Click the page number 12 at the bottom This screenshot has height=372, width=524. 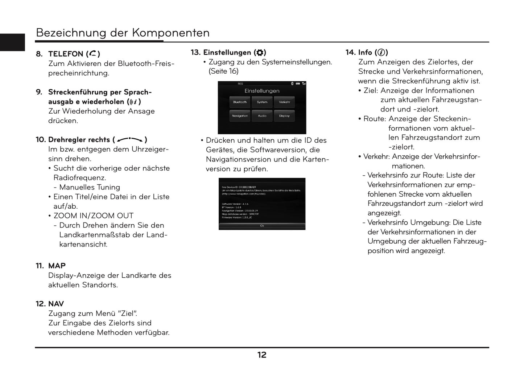[x=262, y=355]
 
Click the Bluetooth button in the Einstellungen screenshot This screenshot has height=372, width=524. [x=240, y=102]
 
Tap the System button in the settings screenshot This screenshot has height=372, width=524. [x=262, y=102]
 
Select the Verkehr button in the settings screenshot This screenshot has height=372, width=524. [x=284, y=102]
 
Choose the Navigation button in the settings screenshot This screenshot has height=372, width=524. [x=240, y=116]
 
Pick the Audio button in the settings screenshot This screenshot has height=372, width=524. [x=262, y=116]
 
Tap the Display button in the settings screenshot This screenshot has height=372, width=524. [x=284, y=116]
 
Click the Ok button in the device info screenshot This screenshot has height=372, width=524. [x=262, y=226]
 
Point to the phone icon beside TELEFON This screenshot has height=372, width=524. [x=93, y=54]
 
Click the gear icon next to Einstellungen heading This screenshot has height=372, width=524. [x=260, y=53]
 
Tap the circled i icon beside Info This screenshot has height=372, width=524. [x=381, y=53]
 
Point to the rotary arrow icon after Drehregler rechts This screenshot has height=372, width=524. [x=130, y=139]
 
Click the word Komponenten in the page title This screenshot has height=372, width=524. [x=170, y=33]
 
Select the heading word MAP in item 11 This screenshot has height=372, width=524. [x=57, y=266]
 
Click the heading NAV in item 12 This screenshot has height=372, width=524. [x=56, y=304]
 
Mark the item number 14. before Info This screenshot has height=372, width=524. [x=350, y=53]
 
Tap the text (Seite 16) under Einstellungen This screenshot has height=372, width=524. [x=223, y=71]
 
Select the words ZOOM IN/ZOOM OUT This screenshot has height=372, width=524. [x=94, y=216]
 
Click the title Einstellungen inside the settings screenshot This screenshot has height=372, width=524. [x=262, y=91]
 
